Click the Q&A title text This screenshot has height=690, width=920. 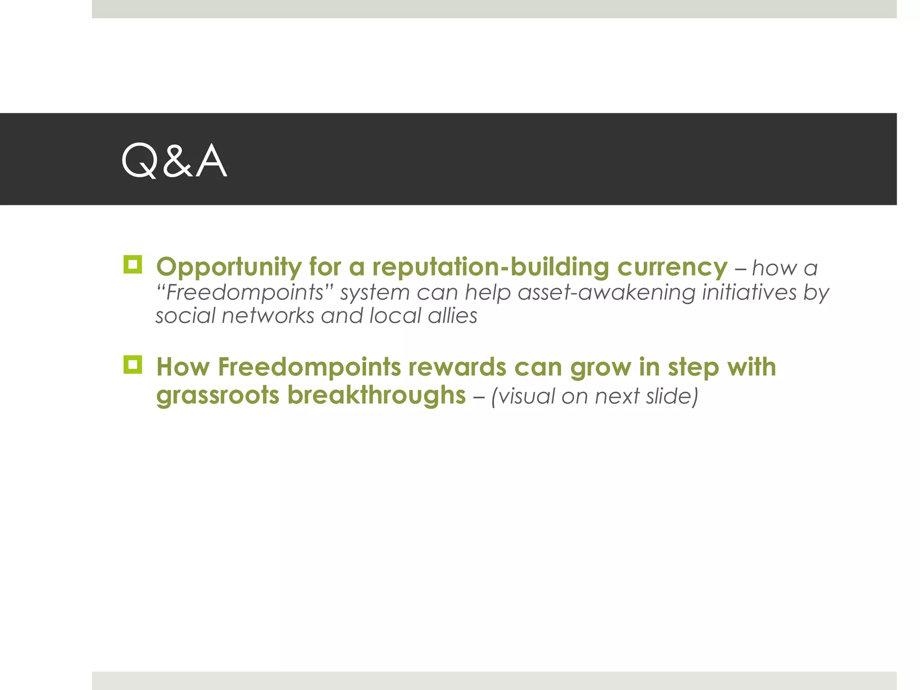[x=174, y=160]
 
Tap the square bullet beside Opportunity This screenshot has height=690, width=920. [x=133, y=265]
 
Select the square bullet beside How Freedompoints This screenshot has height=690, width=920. [x=133, y=365]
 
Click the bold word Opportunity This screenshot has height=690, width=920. [x=229, y=267]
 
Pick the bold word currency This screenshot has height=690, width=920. [x=672, y=267]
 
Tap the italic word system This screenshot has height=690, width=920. [x=375, y=292]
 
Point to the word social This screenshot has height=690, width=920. [x=186, y=316]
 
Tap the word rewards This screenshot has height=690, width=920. [x=457, y=367]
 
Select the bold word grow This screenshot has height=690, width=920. [x=601, y=368]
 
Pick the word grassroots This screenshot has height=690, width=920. [x=218, y=395]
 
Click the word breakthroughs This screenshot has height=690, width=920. [x=376, y=395]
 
